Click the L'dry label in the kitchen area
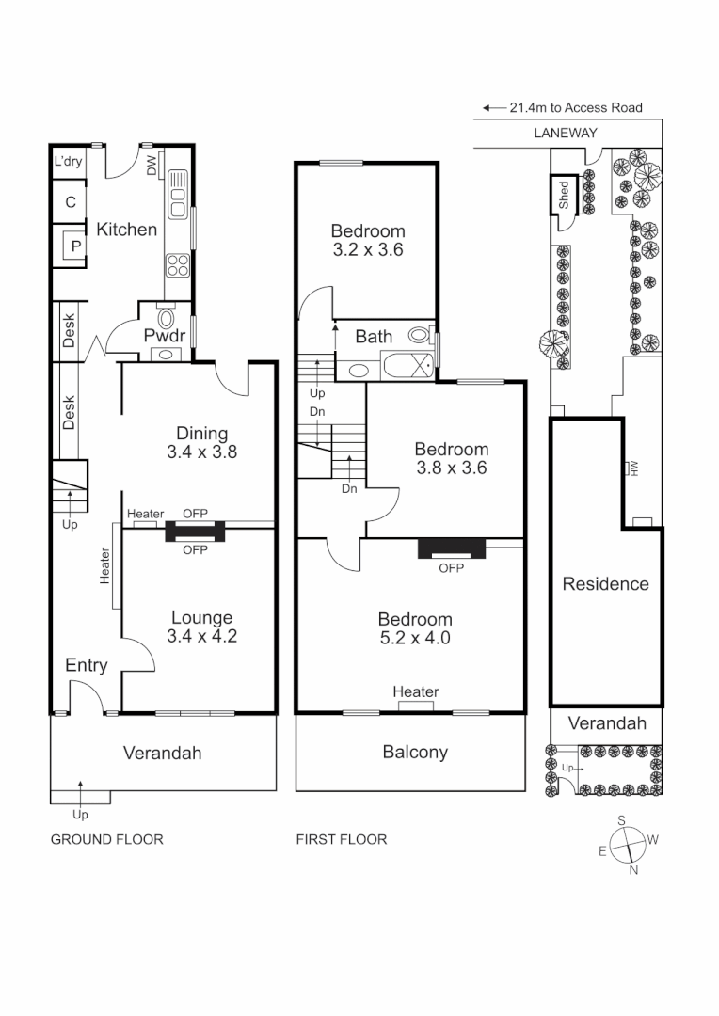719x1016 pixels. tap(68, 161)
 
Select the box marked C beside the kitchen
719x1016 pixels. tap(71, 202)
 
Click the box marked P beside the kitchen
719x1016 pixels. tap(75, 246)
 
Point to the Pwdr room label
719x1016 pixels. tap(162, 336)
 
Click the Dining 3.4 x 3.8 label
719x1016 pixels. tap(202, 442)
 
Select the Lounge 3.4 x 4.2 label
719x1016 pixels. tap(201, 627)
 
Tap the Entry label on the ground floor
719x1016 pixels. tap(86, 665)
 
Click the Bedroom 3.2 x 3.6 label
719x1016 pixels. tap(367, 240)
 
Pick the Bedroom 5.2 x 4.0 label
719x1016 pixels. tap(414, 628)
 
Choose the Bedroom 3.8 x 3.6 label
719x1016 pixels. tap(451, 458)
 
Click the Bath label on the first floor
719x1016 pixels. tap(374, 336)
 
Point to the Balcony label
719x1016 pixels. tap(414, 752)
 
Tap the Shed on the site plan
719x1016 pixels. tap(564, 196)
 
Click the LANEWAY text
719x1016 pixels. tap(565, 133)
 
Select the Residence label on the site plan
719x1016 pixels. tap(605, 583)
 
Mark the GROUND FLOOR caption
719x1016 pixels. tap(106, 839)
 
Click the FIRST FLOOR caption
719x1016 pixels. tap(341, 839)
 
